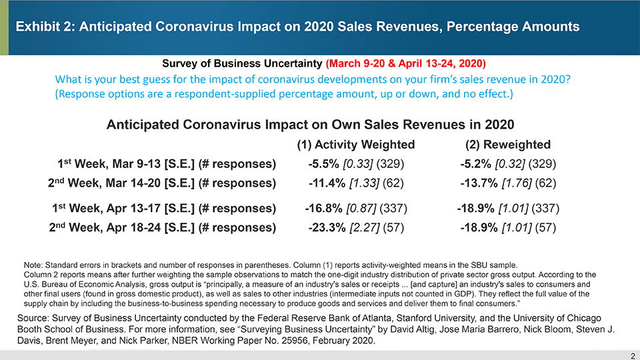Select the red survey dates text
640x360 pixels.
[x=406, y=64]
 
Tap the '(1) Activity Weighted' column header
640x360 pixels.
[x=355, y=145]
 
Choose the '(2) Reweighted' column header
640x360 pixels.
[x=509, y=145]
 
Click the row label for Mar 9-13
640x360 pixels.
[x=167, y=164]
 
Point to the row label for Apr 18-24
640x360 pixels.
[x=163, y=227]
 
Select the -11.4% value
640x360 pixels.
[x=327, y=183]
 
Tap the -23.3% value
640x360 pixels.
[x=327, y=227]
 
